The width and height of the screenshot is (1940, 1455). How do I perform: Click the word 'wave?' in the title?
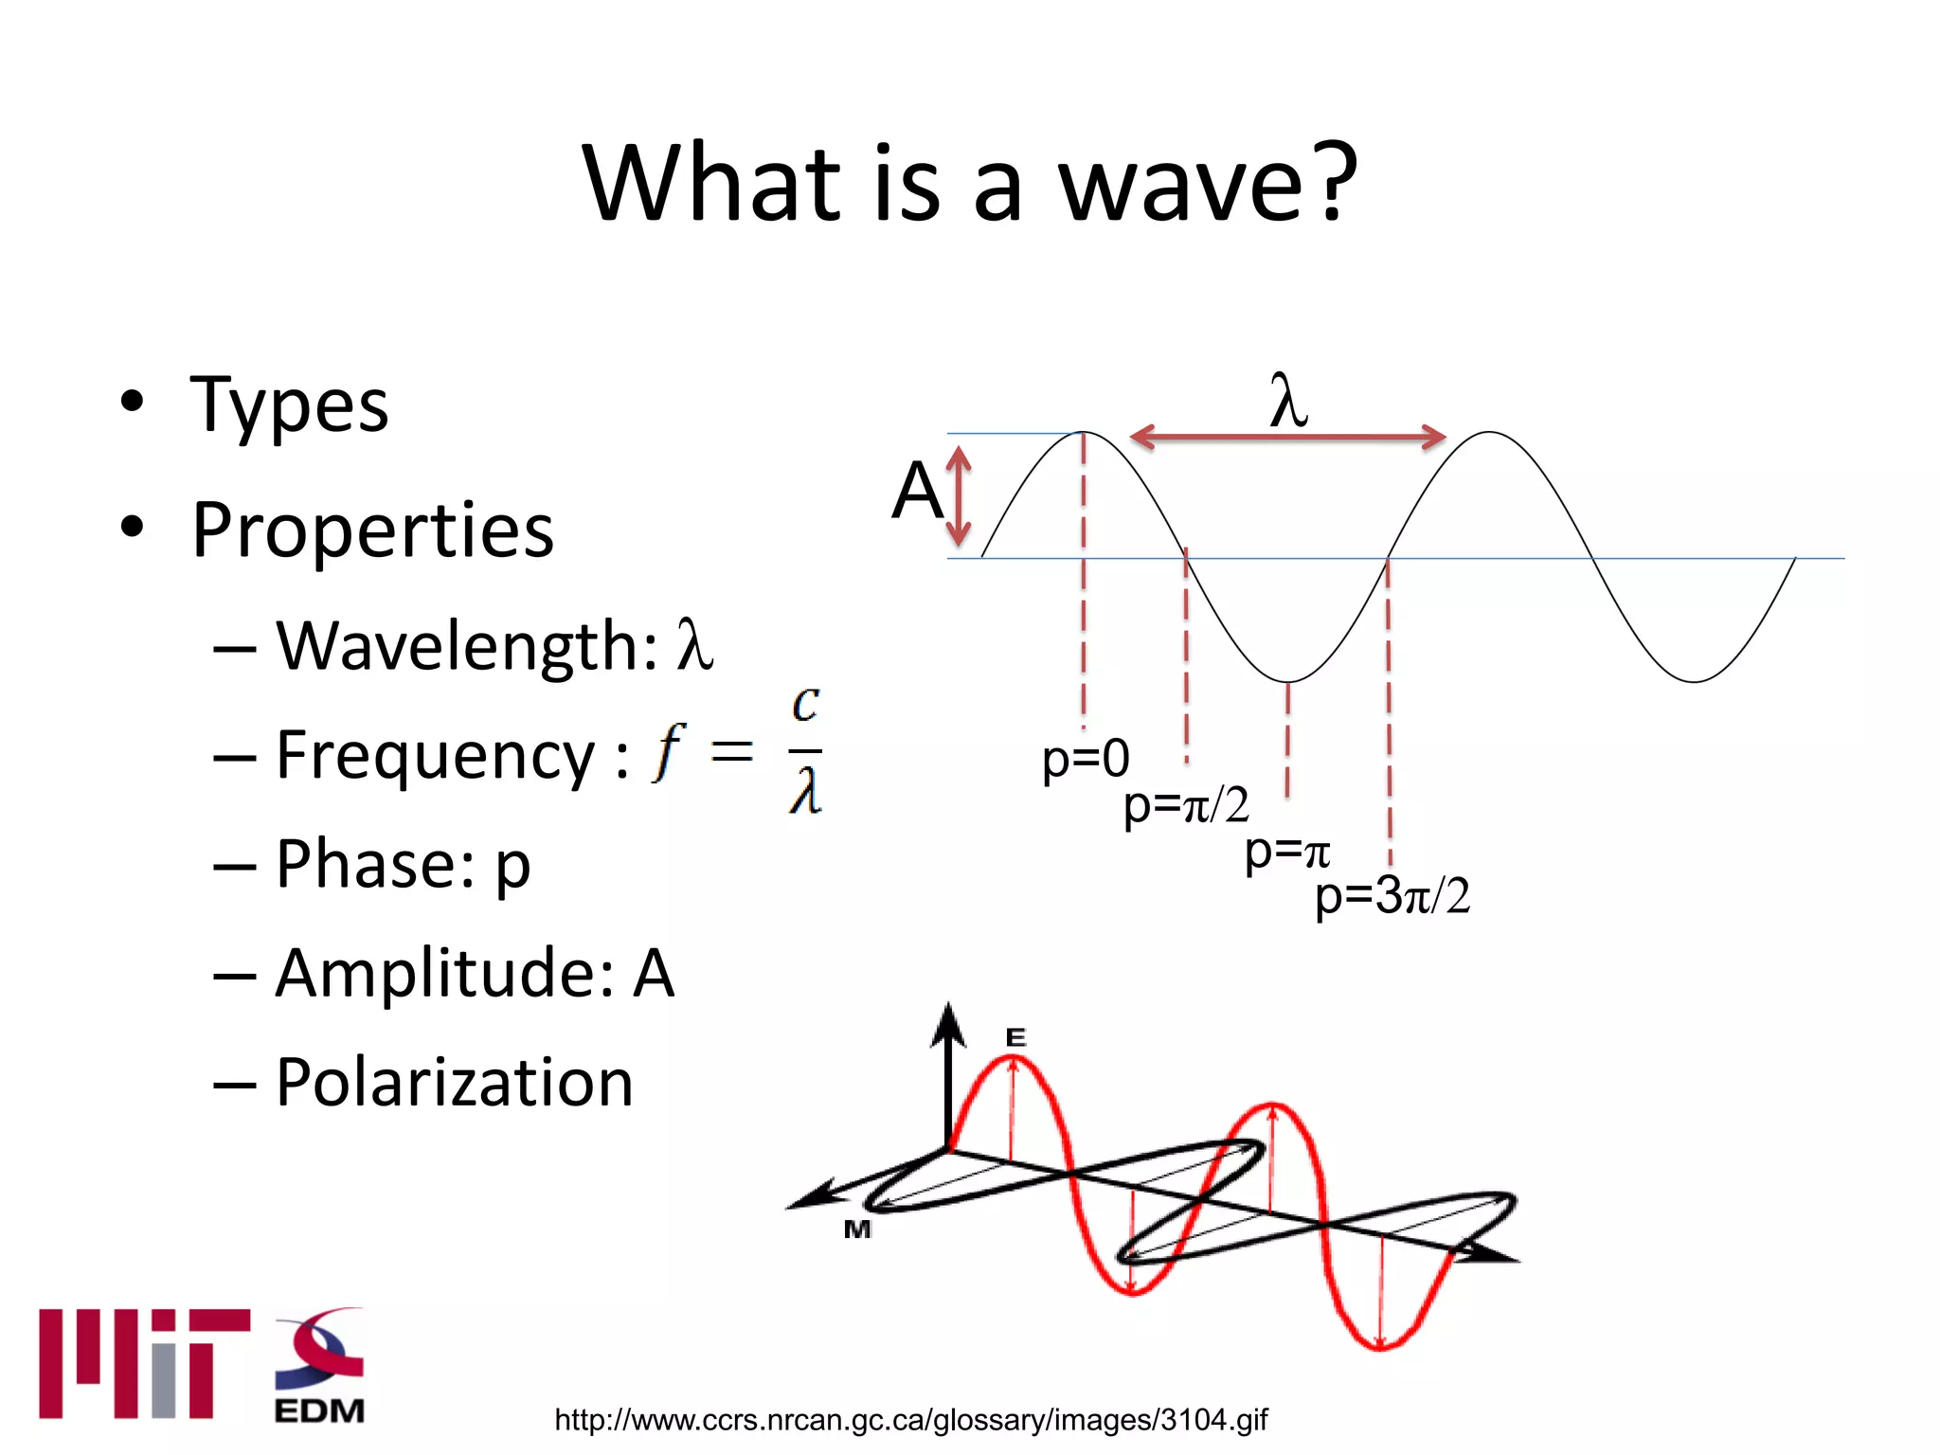[1208, 185]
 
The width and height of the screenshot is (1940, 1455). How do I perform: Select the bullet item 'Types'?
[289, 405]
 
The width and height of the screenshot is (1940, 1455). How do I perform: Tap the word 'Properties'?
[372, 530]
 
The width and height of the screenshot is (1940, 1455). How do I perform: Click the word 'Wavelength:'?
[466, 647]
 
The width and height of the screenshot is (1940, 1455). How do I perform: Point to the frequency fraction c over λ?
[805, 751]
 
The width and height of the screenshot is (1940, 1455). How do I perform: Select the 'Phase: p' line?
[403, 865]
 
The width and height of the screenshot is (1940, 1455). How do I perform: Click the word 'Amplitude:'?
[445, 974]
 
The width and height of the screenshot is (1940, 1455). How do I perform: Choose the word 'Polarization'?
[455, 1083]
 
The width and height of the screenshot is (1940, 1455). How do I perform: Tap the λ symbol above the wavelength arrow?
[1288, 403]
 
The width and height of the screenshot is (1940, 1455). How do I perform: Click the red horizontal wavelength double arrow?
[1288, 438]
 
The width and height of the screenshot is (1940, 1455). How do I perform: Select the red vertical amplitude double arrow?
[960, 496]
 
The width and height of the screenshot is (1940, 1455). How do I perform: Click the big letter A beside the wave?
[916, 491]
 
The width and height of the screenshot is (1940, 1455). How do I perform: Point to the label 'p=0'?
[1086, 760]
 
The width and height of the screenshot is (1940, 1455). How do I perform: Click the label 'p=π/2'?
[1186, 806]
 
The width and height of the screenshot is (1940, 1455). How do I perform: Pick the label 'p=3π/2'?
[1392, 895]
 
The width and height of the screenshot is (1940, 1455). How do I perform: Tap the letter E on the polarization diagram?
[1015, 1038]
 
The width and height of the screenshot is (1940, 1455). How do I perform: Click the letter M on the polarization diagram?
[857, 1230]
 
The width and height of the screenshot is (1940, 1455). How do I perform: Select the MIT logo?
[144, 1364]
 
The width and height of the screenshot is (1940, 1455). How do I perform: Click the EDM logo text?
[319, 1410]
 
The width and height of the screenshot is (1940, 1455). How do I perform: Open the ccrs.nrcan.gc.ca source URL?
[910, 1420]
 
